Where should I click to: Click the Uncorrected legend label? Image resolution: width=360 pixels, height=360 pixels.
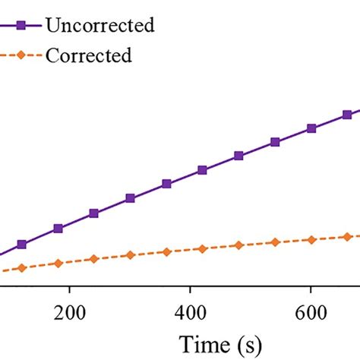pyautogui.click(x=100, y=25)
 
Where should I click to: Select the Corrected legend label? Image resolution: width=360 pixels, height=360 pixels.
pyautogui.click(x=88, y=55)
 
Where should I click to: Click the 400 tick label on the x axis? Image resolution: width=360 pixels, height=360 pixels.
pyautogui.click(x=190, y=312)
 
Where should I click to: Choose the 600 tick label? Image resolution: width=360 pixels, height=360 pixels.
pyautogui.click(x=311, y=312)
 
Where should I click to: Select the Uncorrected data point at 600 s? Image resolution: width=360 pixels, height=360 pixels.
pyautogui.click(x=311, y=128)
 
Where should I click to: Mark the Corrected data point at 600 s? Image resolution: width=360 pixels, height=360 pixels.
pyautogui.click(x=311, y=239)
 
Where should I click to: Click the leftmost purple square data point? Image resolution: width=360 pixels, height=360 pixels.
pyautogui.click(x=21, y=245)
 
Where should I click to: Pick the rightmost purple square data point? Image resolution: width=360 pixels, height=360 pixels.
pyautogui.click(x=347, y=115)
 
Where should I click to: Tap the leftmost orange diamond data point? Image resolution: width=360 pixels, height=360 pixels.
pyautogui.click(x=21, y=267)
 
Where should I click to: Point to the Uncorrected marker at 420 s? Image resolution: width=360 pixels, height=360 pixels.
pyautogui.click(x=202, y=170)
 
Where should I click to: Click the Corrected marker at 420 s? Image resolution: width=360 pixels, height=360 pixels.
pyautogui.click(x=202, y=248)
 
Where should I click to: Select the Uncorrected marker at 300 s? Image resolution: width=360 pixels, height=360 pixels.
pyautogui.click(x=130, y=198)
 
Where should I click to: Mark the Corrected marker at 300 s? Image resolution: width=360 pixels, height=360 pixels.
pyautogui.click(x=130, y=255)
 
